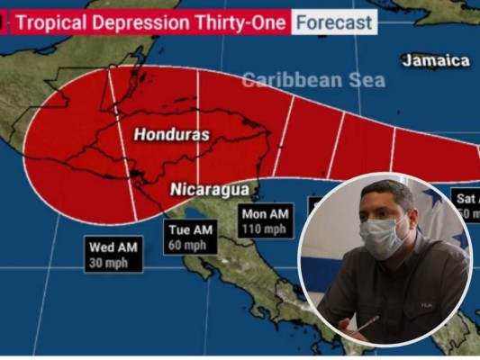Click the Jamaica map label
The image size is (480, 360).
436,60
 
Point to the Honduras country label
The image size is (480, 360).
172,135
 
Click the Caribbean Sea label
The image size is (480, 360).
312,80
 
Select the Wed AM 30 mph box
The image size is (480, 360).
113,254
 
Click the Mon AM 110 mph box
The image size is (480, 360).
266,220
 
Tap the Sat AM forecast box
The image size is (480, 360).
466,205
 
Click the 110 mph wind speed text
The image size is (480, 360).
266,229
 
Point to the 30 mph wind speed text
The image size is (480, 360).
113,263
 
